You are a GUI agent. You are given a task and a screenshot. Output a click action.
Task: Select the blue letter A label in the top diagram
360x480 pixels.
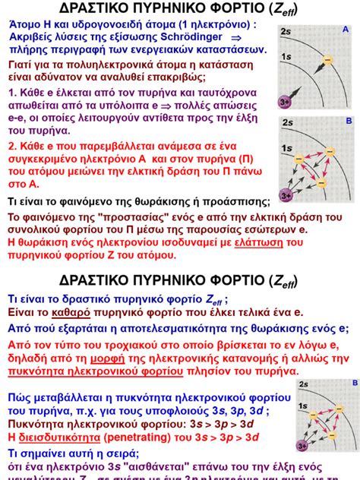pyautogui.click(x=346, y=30)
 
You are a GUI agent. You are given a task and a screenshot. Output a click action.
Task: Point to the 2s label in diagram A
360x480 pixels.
pyautogui.click(x=286, y=31)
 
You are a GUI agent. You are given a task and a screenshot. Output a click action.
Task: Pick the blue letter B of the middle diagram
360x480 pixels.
pyautogui.click(x=349, y=121)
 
